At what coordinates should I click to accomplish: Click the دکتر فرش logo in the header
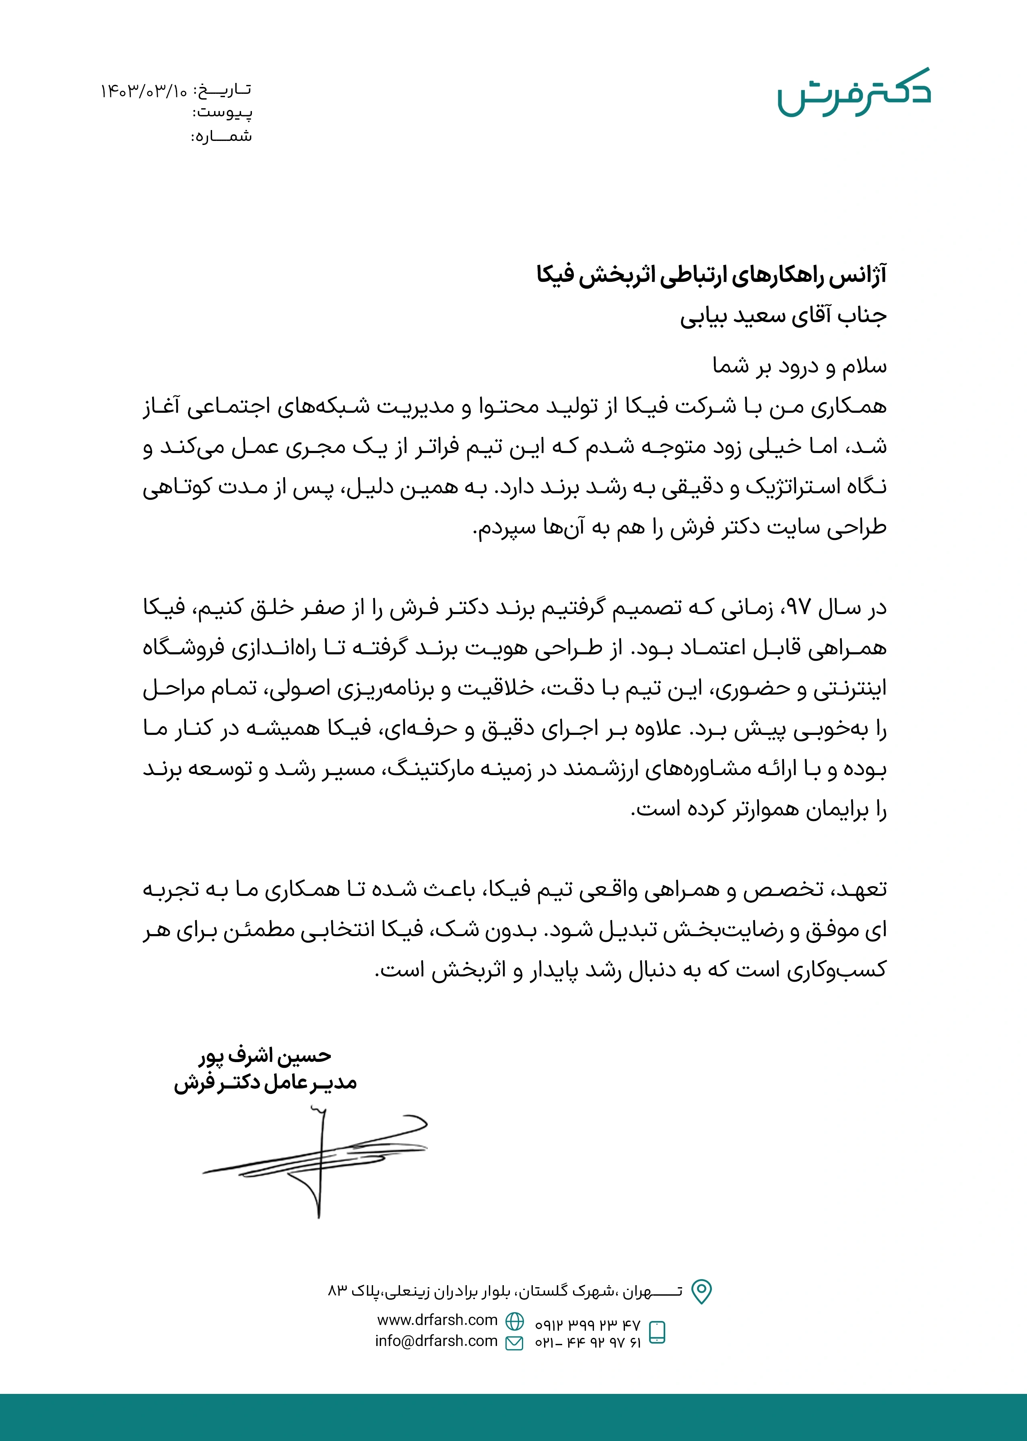[854, 93]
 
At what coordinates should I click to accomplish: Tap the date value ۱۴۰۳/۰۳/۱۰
[144, 91]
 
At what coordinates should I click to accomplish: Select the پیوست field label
[223, 113]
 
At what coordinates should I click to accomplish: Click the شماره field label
[223, 136]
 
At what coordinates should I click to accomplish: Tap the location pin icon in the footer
[701, 1292]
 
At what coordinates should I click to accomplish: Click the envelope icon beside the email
[515, 1342]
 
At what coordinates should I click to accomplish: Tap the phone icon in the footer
[658, 1331]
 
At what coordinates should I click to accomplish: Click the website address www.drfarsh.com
[437, 1320]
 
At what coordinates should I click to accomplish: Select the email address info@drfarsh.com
[436, 1341]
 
